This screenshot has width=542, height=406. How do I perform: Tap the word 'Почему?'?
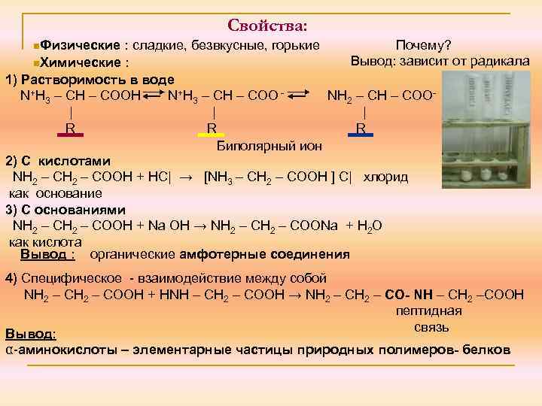pos(424,45)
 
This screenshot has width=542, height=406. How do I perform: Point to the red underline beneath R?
pos(69,136)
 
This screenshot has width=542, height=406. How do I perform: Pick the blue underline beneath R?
pos(361,136)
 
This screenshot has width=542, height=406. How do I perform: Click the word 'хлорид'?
pos(385,177)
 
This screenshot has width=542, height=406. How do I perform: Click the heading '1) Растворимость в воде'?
pos(90,79)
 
